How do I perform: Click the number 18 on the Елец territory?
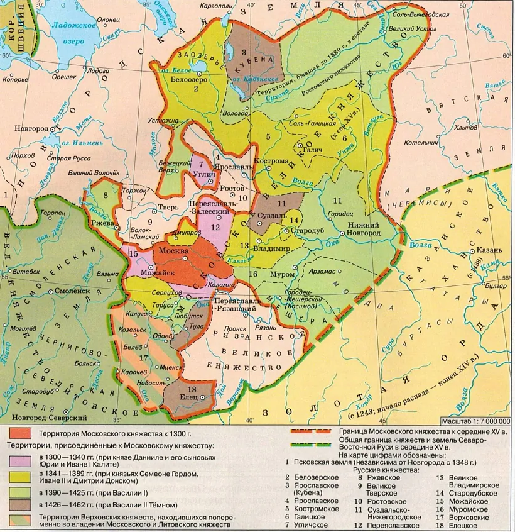[191, 390]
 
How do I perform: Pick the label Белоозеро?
[186, 80]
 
